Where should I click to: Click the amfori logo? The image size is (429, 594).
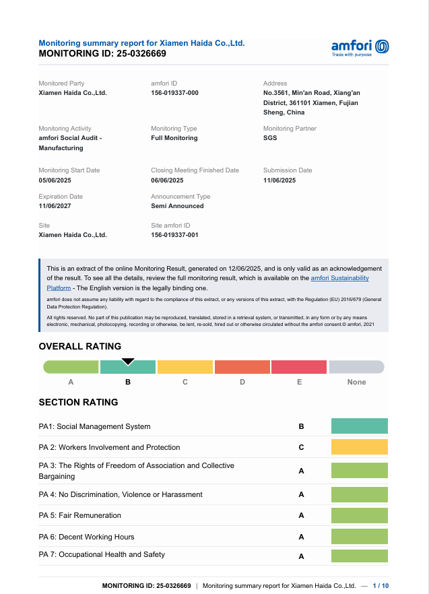tap(360, 47)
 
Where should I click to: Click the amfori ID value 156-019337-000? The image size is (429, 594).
tap(174, 93)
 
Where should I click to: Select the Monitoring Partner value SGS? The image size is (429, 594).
tap(270, 138)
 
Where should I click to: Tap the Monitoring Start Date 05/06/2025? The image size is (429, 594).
tap(55, 180)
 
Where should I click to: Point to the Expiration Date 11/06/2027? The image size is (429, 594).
tap(55, 206)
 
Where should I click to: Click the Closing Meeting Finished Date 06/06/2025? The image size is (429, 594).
tap(167, 180)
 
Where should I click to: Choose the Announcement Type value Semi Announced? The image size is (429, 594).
tap(177, 206)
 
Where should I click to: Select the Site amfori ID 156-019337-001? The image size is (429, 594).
tap(174, 235)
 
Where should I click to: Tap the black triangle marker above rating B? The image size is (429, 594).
tap(127, 362)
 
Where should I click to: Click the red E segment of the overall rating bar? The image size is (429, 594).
tap(299, 367)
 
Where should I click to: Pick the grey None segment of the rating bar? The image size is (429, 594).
tap(356, 367)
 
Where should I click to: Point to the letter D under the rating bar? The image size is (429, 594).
tap(242, 382)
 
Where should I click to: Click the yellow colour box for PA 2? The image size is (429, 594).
tap(360, 447)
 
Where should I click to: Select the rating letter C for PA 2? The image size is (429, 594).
tap(301, 447)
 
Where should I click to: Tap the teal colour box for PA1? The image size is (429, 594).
tap(360, 426)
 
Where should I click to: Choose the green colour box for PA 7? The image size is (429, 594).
tap(360, 556)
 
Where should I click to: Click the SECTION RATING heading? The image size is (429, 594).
tap(78, 402)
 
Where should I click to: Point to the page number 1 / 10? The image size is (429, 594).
tap(381, 586)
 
